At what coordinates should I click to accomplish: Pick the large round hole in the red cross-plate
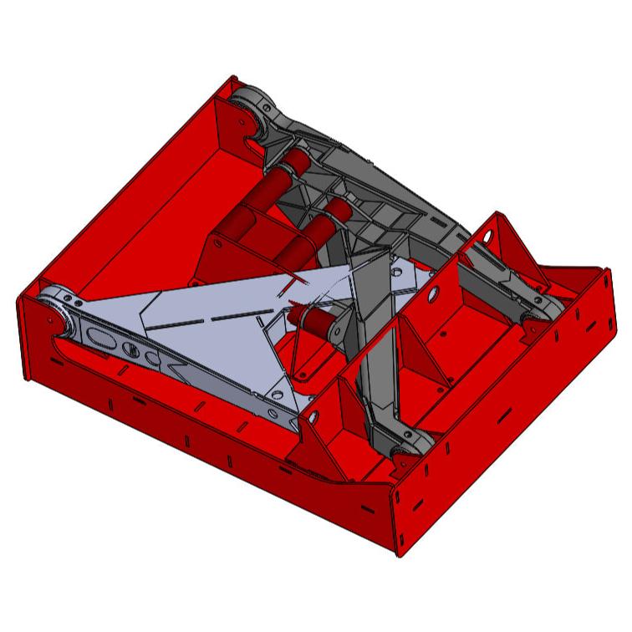pos(433,295)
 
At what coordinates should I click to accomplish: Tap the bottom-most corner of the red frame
pos(396,552)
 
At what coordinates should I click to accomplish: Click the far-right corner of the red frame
pos(604,269)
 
